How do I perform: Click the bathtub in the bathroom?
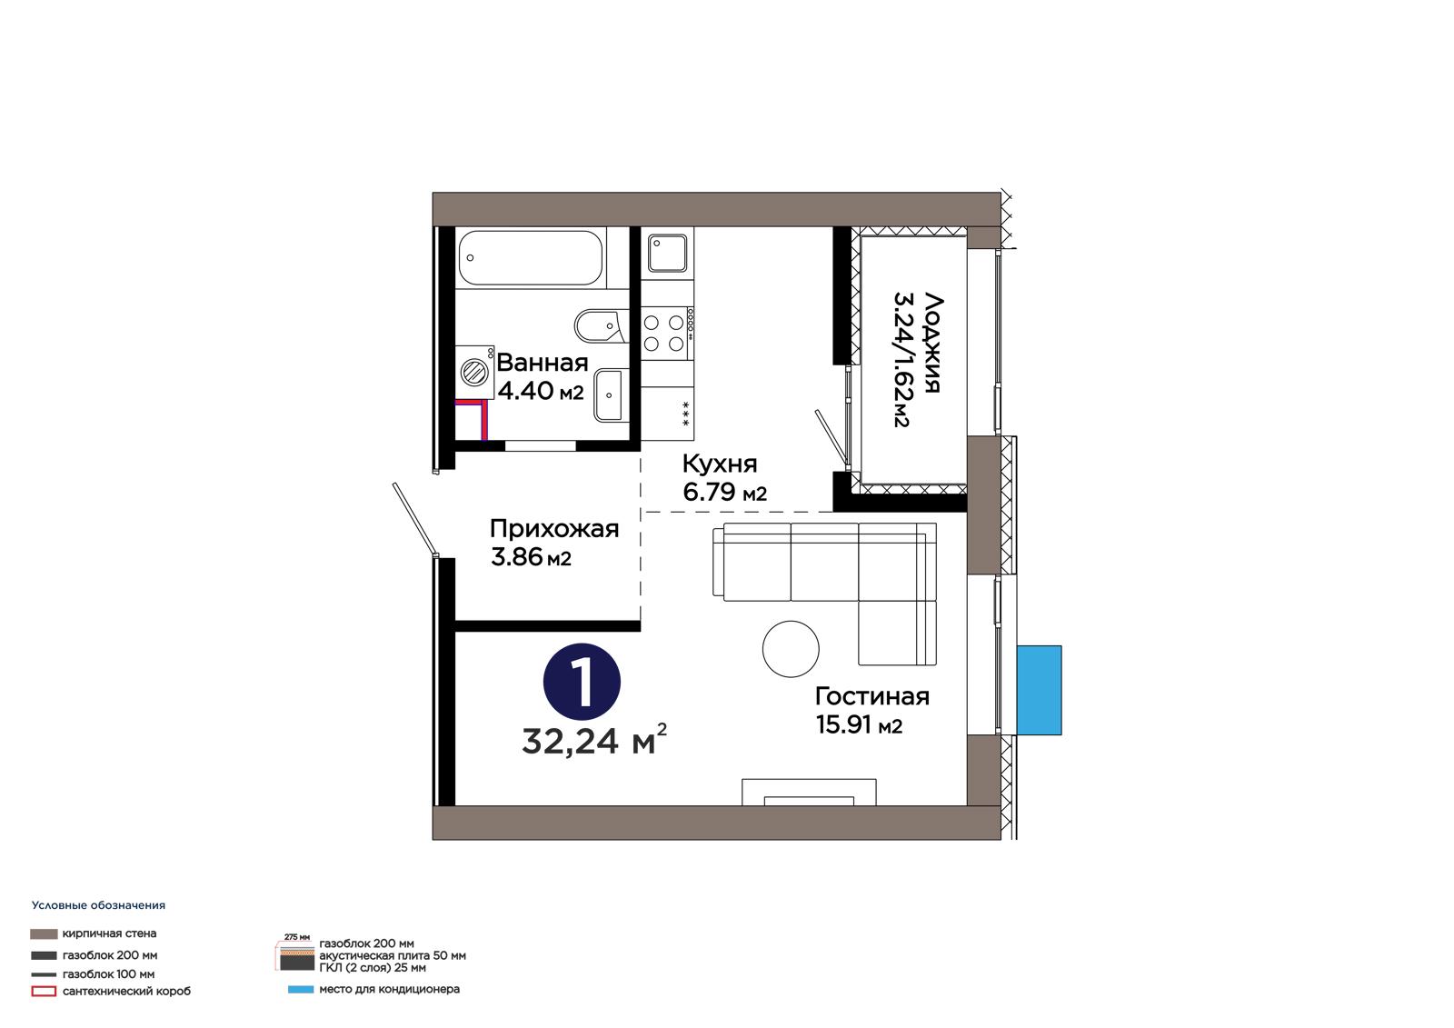coord(531,258)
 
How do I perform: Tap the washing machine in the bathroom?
coord(474,372)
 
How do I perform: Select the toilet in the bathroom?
coord(602,326)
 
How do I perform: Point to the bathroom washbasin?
coord(611,394)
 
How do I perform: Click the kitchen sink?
coord(667,254)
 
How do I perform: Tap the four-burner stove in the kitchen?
coord(667,334)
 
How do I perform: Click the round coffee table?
coord(790,649)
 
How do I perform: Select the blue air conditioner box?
coord(1039,690)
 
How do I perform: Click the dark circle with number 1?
coord(582,682)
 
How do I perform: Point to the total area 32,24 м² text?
coord(594,741)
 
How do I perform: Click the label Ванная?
coord(542,363)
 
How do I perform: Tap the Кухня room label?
coord(720,464)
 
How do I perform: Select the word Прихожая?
coord(554,529)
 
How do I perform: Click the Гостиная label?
coord(872,697)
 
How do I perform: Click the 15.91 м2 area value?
coord(859,724)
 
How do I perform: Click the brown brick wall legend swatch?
coord(44,933)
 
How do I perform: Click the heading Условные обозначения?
coord(99,905)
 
